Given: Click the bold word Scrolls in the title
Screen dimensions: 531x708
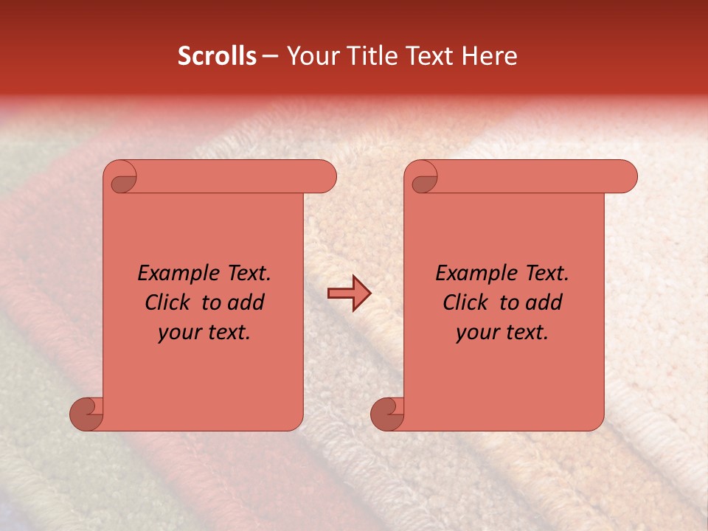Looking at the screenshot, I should (x=217, y=56).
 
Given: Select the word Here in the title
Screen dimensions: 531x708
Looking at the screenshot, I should (x=491, y=56).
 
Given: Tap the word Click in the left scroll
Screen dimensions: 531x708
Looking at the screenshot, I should (x=167, y=302).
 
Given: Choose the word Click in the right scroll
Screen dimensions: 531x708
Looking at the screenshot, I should (x=465, y=302).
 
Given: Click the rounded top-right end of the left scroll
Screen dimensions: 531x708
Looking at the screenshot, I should (x=324, y=177).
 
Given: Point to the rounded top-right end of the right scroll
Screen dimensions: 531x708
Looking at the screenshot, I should (x=625, y=177).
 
